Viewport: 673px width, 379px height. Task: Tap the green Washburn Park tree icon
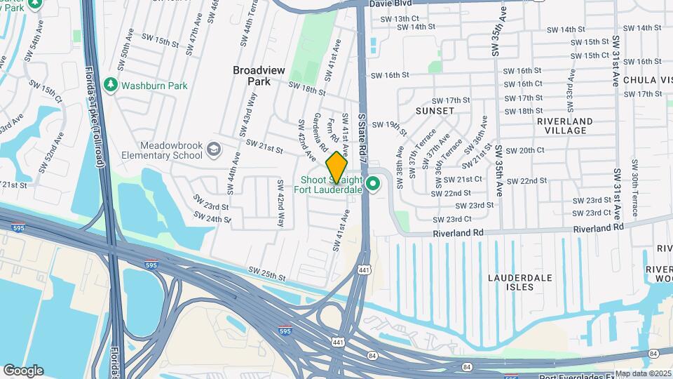pyautogui.click(x=110, y=85)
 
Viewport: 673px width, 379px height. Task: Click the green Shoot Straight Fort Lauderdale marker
pyautogui.click(x=374, y=185)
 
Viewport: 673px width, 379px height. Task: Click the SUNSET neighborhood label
pyautogui.click(x=435, y=111)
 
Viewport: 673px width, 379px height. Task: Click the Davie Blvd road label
pyautogui.click(x=393, y=4)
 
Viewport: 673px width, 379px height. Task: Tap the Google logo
pyautogui.click(x=23, y=371)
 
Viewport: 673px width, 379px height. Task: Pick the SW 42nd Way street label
pyautogui.click(x=280, y=204)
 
